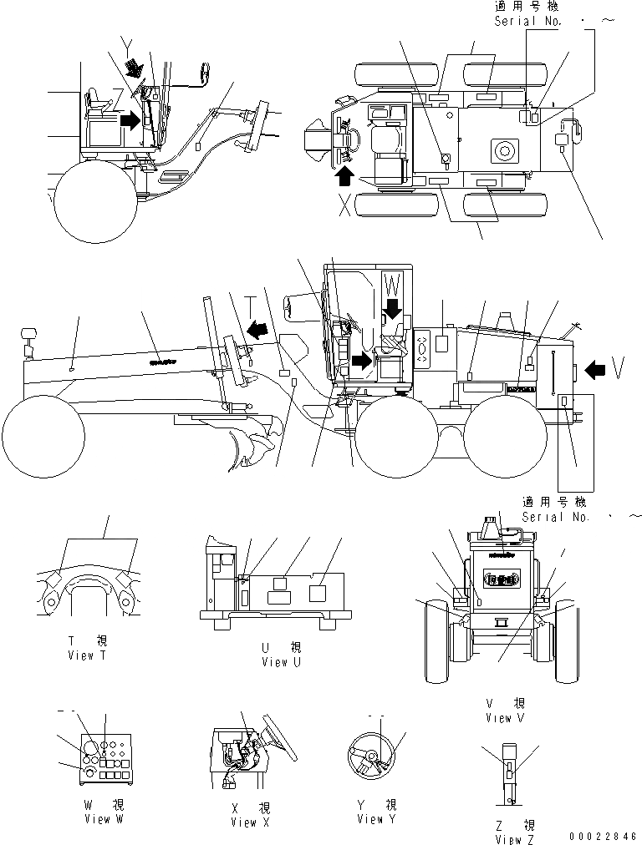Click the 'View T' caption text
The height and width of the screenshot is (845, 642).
[x=88, y=655]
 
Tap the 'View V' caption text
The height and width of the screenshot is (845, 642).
[x=505, y=717]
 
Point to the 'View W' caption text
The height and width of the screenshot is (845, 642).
[x=103, y=819]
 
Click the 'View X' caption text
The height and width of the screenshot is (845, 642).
[x=244, y=822]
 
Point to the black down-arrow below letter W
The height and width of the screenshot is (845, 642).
[x=392, y=311]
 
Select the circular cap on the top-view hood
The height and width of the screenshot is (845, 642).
[x=504, y=151]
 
